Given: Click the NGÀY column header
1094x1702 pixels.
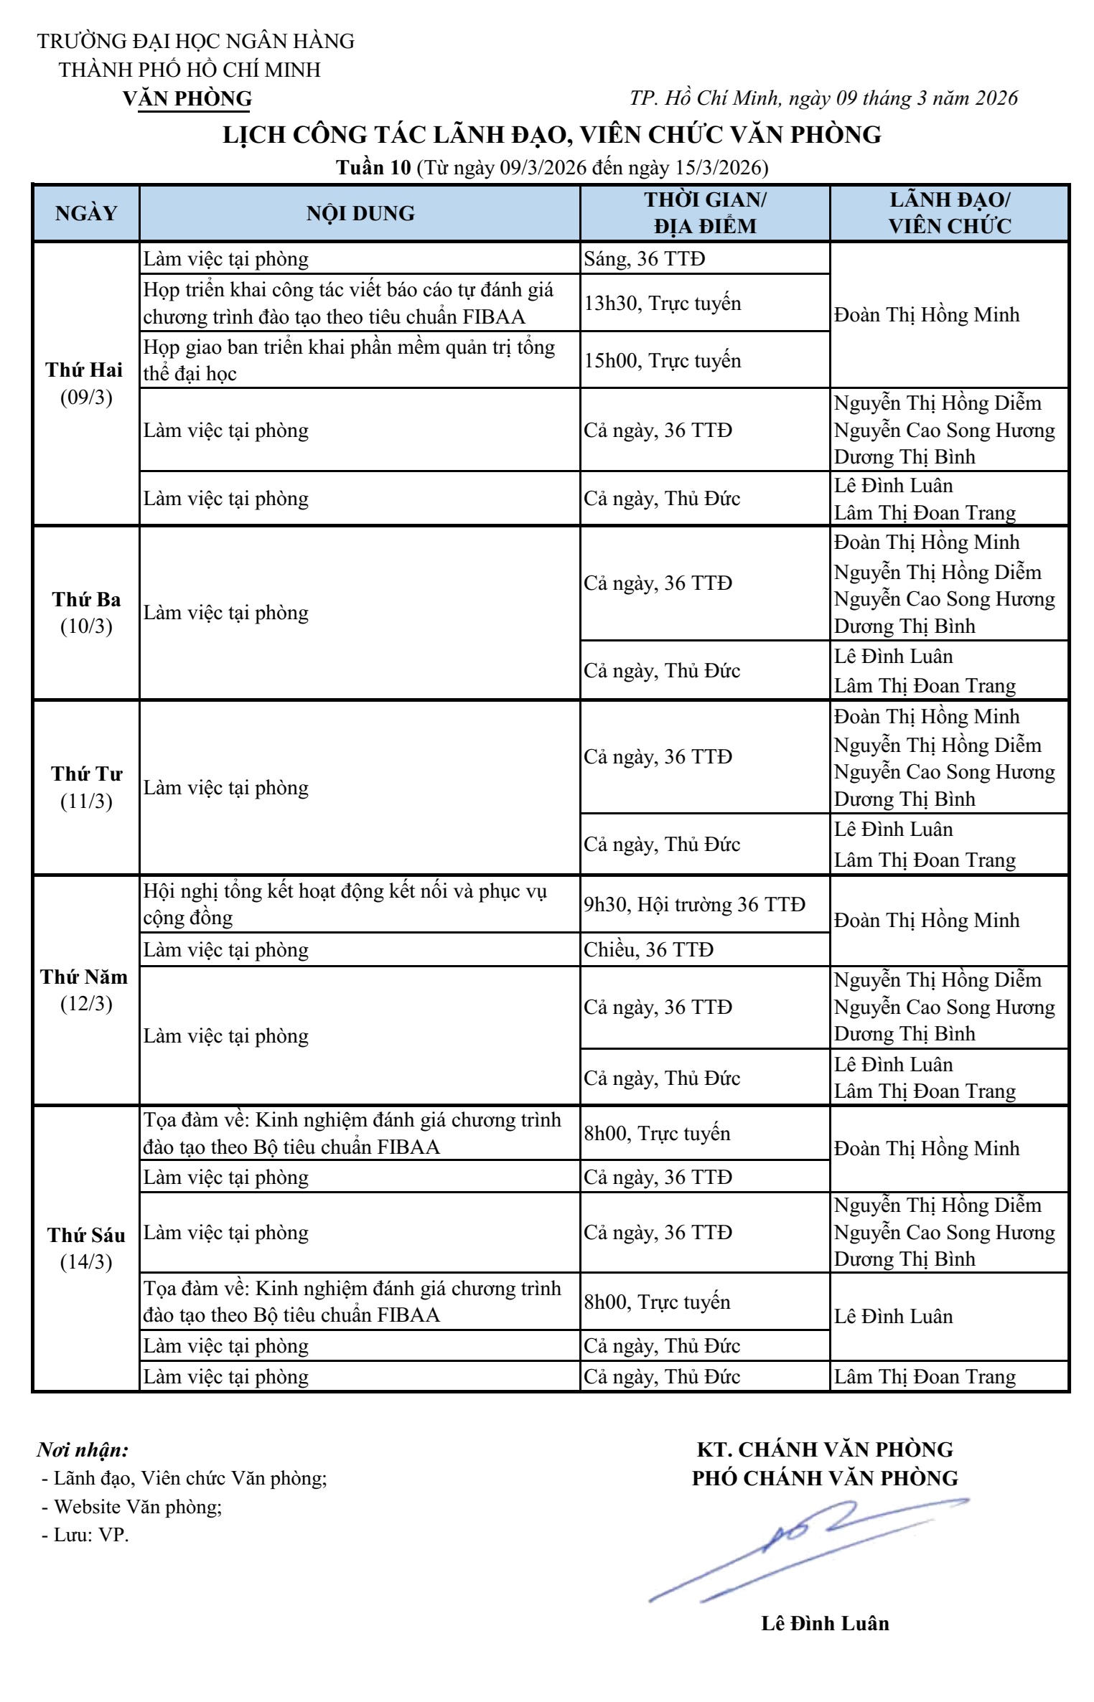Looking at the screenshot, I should [86, 213].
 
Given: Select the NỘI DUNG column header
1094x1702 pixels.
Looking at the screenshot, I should [360, 213].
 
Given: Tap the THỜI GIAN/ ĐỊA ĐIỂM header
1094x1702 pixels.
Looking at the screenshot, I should [705, 213].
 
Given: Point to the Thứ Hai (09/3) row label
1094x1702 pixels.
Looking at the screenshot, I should [85, 384].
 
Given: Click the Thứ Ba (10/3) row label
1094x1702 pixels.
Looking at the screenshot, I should [86, 613].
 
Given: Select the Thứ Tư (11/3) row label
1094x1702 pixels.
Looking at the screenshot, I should [86, 787].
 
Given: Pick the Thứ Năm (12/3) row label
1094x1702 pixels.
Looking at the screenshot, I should [85, 990].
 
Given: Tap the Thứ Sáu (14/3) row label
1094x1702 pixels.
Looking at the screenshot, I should [86, 1249].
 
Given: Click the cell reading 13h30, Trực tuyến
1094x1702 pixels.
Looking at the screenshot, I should [662, 303].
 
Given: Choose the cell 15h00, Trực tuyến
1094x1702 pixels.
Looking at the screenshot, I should [662, 360].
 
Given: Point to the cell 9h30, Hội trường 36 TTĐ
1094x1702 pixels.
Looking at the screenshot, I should [694, 904].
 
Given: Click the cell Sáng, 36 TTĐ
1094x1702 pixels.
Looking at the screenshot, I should [644, 258].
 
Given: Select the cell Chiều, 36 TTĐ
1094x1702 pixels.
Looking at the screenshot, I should [648, 950].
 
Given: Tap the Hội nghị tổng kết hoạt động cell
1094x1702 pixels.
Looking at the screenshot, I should [345, 904].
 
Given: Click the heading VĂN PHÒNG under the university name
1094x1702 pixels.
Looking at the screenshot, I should [187, 98].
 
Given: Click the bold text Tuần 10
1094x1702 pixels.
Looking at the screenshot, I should [373, 168].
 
